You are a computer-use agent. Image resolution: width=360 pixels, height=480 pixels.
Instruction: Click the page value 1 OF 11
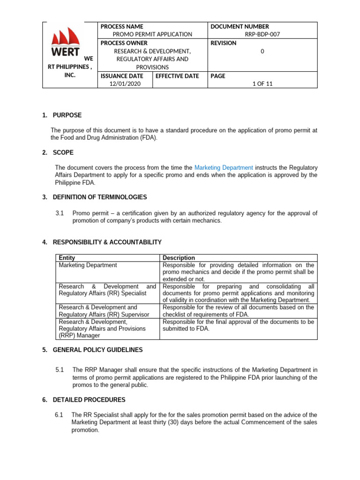pyautogui.click(x=262, y=83)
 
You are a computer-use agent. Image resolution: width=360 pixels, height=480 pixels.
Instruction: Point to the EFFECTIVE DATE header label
pyautogui.click(x=177, y=76)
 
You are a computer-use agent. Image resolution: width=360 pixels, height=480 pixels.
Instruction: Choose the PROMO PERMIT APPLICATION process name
pyautogui.click(x=153, y=34)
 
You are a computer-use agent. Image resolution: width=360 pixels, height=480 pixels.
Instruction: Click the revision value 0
pyautogui.click(x=262, y=51)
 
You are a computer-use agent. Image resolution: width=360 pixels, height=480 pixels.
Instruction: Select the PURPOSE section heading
pyautogui.click(x=67, y=115)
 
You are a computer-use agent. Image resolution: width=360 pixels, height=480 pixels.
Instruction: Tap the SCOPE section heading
pyautogui.click(x=63, y=152)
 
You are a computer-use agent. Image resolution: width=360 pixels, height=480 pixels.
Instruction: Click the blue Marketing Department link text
pyautogui.click(x=224, y=167)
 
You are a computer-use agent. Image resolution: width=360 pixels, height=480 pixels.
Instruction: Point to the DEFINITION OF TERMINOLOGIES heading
pyautogui.click(x=99, y=197)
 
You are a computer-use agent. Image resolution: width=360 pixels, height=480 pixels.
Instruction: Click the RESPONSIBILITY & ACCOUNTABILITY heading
pyautogui.click(x=107, y=242)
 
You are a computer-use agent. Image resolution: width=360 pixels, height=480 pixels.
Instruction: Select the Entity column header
pyautogui.click(x=67, y=258)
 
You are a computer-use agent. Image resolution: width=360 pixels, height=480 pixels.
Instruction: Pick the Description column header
pyautogui.click(x=179, y=258)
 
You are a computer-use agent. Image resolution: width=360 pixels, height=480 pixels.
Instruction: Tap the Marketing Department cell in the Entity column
pyautogui.click(x=88, y=265)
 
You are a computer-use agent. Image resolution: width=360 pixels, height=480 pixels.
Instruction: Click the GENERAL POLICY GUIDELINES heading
pyautogui.click(x=97, y=350)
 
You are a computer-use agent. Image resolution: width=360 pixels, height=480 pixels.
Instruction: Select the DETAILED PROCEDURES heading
pyautogui.click(x=89, y=400)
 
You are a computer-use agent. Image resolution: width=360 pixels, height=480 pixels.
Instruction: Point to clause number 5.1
pyautogui.click(x=60, y=370)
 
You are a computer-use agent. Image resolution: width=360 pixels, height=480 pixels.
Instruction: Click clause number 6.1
pyautogui.click(x=59, y=415)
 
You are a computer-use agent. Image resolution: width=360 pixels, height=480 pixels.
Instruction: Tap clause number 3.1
pyautogui.click(x=60, y=213)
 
